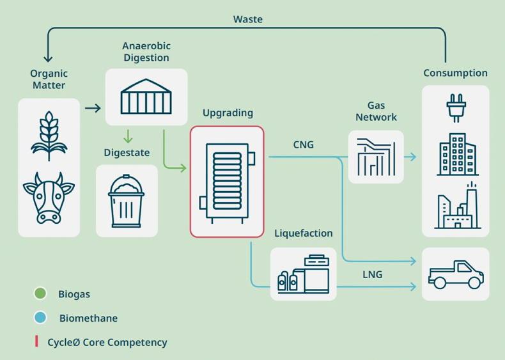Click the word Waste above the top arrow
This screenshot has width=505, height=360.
(x=247, y=19)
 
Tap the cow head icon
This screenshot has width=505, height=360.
(x=49, y=198)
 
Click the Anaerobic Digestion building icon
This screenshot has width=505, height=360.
(x=146, y=97)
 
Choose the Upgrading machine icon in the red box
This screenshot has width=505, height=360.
(x=227, y=182)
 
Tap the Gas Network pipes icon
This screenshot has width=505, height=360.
(x=376, y=157)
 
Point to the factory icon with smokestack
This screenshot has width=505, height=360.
(x=457, y=206)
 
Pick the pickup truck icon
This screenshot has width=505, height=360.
(x=456, y=274)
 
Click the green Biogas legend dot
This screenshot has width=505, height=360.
(x=40, y=293)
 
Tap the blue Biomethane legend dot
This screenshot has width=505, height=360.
(x=40, y=317)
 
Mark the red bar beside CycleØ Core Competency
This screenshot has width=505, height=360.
(x=36, y=341)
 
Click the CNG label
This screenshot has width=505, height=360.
(x=304, y=145)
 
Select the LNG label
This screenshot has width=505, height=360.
(x=372, y=274)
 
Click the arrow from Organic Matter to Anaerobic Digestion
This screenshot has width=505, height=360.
(x=93, y=108)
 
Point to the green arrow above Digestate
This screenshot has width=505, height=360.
(x=128, y=136)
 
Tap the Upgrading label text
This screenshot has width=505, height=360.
(x=228, y=113)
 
